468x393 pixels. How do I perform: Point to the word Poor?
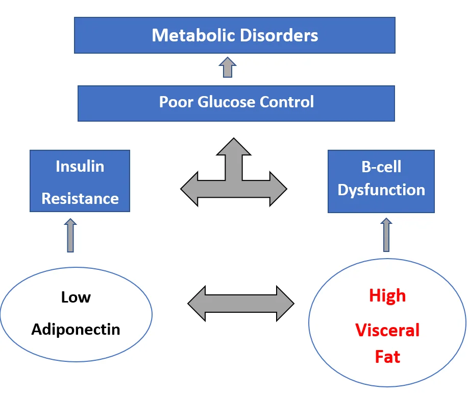pos(176,102)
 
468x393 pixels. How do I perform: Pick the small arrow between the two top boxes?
pos(228,67)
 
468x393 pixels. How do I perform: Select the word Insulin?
pos(80,167)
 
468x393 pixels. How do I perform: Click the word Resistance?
pos(80,198)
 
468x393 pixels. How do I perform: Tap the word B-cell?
pos(381,167)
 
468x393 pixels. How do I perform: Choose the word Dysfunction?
pos(381,190)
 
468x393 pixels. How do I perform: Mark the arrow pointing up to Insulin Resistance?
pos(70,235)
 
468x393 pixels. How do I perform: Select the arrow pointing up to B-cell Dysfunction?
pos(386,235)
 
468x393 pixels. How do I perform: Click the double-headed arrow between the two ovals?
pos(241,304)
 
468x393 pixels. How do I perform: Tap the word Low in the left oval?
pos(76,297)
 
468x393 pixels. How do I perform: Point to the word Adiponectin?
pos(76,330)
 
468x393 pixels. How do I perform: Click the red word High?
pos(387,296)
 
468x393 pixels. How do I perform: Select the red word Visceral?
pos(387,330)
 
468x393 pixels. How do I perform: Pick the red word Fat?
pos(387,357)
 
